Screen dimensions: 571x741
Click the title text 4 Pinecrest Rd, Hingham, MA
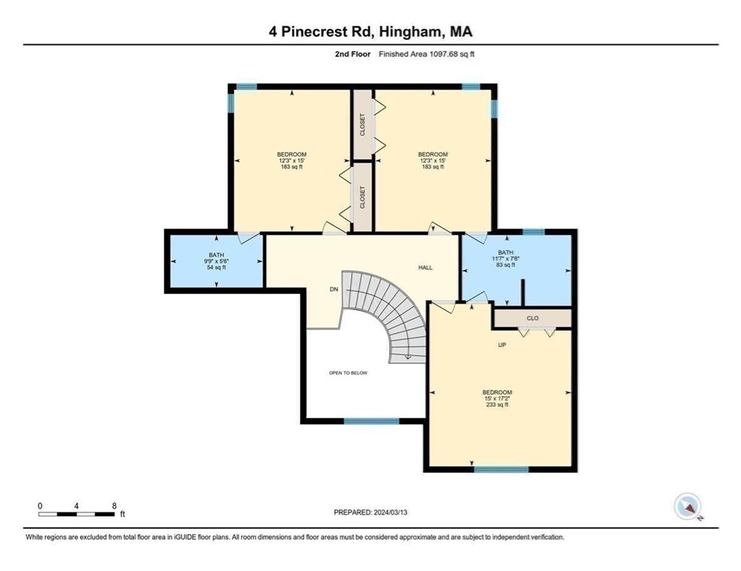pyautogui.click(x=370, y=32)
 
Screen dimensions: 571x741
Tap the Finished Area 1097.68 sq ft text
pyautogui.click(x=426, y=54)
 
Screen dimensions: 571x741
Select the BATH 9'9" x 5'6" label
pyautogui.click(x=217, y=261)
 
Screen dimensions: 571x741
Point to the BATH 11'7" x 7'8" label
pyautogui.click(x=506, y=258)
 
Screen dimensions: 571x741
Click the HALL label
pyautogui.click(x=426, y=267)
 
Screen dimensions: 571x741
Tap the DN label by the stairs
pyautogui.click(x=334, y=289)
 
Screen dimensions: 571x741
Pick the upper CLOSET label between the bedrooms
pyautogui.click(x=362, y=124)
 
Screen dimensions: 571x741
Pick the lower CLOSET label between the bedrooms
pyautogui.click(x=362, y=197)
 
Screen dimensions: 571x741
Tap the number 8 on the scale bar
pyautogui.click(x=113, y=505)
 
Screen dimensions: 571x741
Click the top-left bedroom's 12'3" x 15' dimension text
pyautogui.click(x=291, y=160)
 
